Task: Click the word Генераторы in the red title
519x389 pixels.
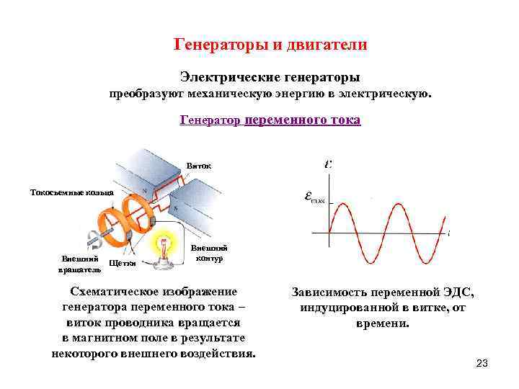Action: coord(217,45)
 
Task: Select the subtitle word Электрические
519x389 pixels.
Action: coord(224,76)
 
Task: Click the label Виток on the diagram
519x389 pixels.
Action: coord(199,166)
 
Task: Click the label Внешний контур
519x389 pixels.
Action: coord(209,254)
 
